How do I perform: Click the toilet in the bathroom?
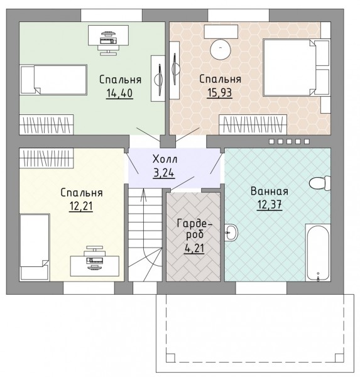point(320,183)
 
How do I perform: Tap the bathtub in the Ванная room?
point(318,253)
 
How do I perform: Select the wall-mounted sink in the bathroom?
point(231,232)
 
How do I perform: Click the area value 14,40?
point(119,93)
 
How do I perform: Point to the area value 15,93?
point(219,93)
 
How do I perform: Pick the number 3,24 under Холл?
point(164,173)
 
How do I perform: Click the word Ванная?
point(270,192)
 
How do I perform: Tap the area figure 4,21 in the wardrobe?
point(194,248)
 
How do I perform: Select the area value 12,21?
point(81,206)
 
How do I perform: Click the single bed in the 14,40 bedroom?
point(53,79)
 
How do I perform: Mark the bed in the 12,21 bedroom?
point(35,247)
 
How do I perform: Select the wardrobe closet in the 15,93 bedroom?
point(253,124)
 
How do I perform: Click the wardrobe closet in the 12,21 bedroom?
point(46,158)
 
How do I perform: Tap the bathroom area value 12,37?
point(270,205)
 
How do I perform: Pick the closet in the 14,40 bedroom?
point(46,124)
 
